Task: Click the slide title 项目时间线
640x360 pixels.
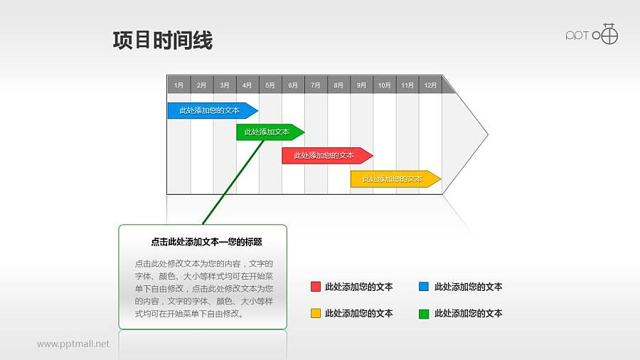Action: pyautogui.click(x=162, y=41)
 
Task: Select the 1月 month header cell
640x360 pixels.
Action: pyautogui.click(x=178, y=85)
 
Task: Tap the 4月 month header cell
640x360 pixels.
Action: pyautogui.click(x=247, y=85)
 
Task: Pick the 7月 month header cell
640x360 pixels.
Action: pyautogui.click(x=315, y=85)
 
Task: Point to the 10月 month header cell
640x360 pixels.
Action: pyautogui.click(x=384, y=85)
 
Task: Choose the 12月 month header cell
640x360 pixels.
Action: pyautogui.click(x=430, y=85)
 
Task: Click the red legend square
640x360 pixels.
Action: pyautogui.click(x=315, y=287)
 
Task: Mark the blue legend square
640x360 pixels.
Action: pyautogui.click(x=424, y=287)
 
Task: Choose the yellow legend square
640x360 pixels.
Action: pyautogui.click(x=315, y=313)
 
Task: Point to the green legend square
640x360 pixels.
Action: pyautogui.click(x=424, y=313)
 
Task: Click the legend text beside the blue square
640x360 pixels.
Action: pyautogui.click(x=468, y=287)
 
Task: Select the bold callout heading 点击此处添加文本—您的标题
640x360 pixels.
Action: pyautogui.click(x=203, y=242)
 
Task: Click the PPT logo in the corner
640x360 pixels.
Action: pyautogui.click(x=592, y=34)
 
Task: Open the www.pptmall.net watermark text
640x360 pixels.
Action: pyautogui.click(x=73, y=344)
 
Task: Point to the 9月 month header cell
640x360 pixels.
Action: pyautogui.click(x=361, y=85)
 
